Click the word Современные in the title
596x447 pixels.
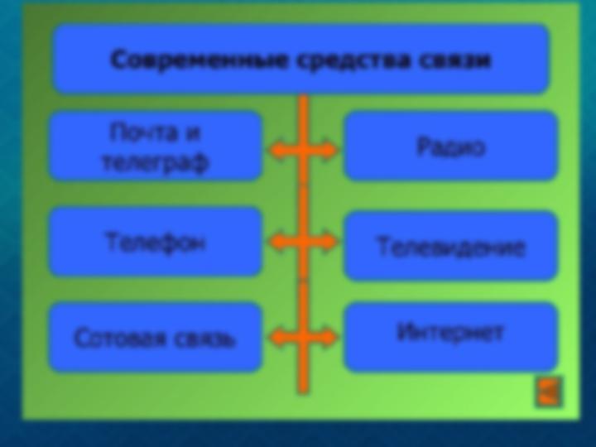(x=199, y=60)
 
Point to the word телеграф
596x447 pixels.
(x=156, y=163)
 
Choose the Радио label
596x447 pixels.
(x=451, y=147)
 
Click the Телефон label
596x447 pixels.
(x=156, y=242)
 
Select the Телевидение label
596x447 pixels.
(x=451, y=248)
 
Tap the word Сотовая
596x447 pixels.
(x=120, y=338)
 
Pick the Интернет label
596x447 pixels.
(x=449, y=332)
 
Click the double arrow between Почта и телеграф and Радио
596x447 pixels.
(x=303, y=150)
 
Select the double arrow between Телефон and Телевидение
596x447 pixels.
(x=303, y=242)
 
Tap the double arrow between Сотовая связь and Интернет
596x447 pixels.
(x=303, y=338)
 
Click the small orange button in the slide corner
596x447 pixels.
(x=548, y=392)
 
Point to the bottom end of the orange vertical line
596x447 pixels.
(x=303, y=393)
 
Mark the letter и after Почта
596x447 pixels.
(x=192, y=133)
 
